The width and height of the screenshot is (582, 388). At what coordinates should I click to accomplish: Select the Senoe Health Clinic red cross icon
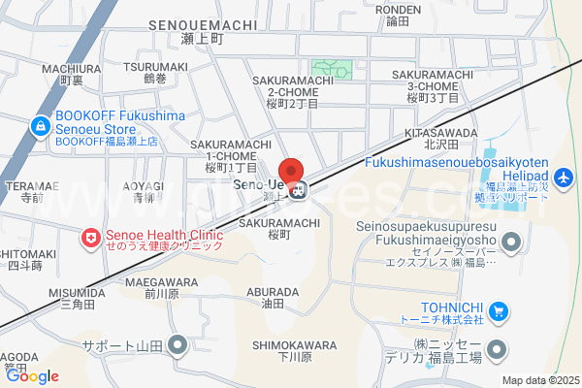pyautogui.click(x=90, y=237)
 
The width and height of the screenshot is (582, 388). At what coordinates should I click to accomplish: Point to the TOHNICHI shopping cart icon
pyautogui.click(x=499, y=311)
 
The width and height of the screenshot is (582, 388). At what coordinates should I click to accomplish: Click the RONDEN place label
pyautogui.click(x=398, y=10)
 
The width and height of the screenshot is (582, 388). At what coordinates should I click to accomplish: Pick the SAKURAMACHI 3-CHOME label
pyautogui.click(x=433, y=75)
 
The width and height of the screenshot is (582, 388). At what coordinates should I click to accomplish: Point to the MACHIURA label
pyautogui.click(x=72, y=69)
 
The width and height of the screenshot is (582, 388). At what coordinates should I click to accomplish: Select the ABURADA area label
pyautogui.click(x=273, y=291)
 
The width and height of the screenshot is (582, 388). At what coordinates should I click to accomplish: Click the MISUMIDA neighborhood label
pyautogui.click(x=76, y=291)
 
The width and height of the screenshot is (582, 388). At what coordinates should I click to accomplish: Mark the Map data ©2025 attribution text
pyautogui.click(x=539, y=380)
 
